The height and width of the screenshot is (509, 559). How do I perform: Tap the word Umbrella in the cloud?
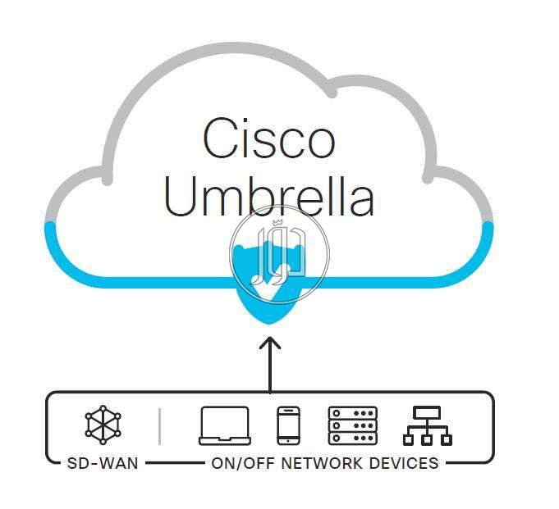coord(269,196)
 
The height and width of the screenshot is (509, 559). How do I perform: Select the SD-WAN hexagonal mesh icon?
coord(103,425)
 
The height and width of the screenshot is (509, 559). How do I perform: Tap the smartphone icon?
coord(288,425)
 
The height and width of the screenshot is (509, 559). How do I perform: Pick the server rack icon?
coord(352,425)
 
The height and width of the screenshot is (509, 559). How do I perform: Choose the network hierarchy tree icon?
coord(428,425)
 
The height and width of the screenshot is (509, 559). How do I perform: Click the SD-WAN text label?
coord(103,463)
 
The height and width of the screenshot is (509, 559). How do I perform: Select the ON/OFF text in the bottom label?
coord(242,463)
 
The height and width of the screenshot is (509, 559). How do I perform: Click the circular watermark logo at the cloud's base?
coord(279,250)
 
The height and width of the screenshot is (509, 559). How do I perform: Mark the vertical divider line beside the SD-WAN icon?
coord(159,426)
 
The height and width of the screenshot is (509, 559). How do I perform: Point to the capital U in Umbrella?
coord(182,196)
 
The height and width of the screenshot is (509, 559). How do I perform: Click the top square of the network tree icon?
coord(428,412)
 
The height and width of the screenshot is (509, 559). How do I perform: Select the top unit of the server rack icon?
coord(352,413)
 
